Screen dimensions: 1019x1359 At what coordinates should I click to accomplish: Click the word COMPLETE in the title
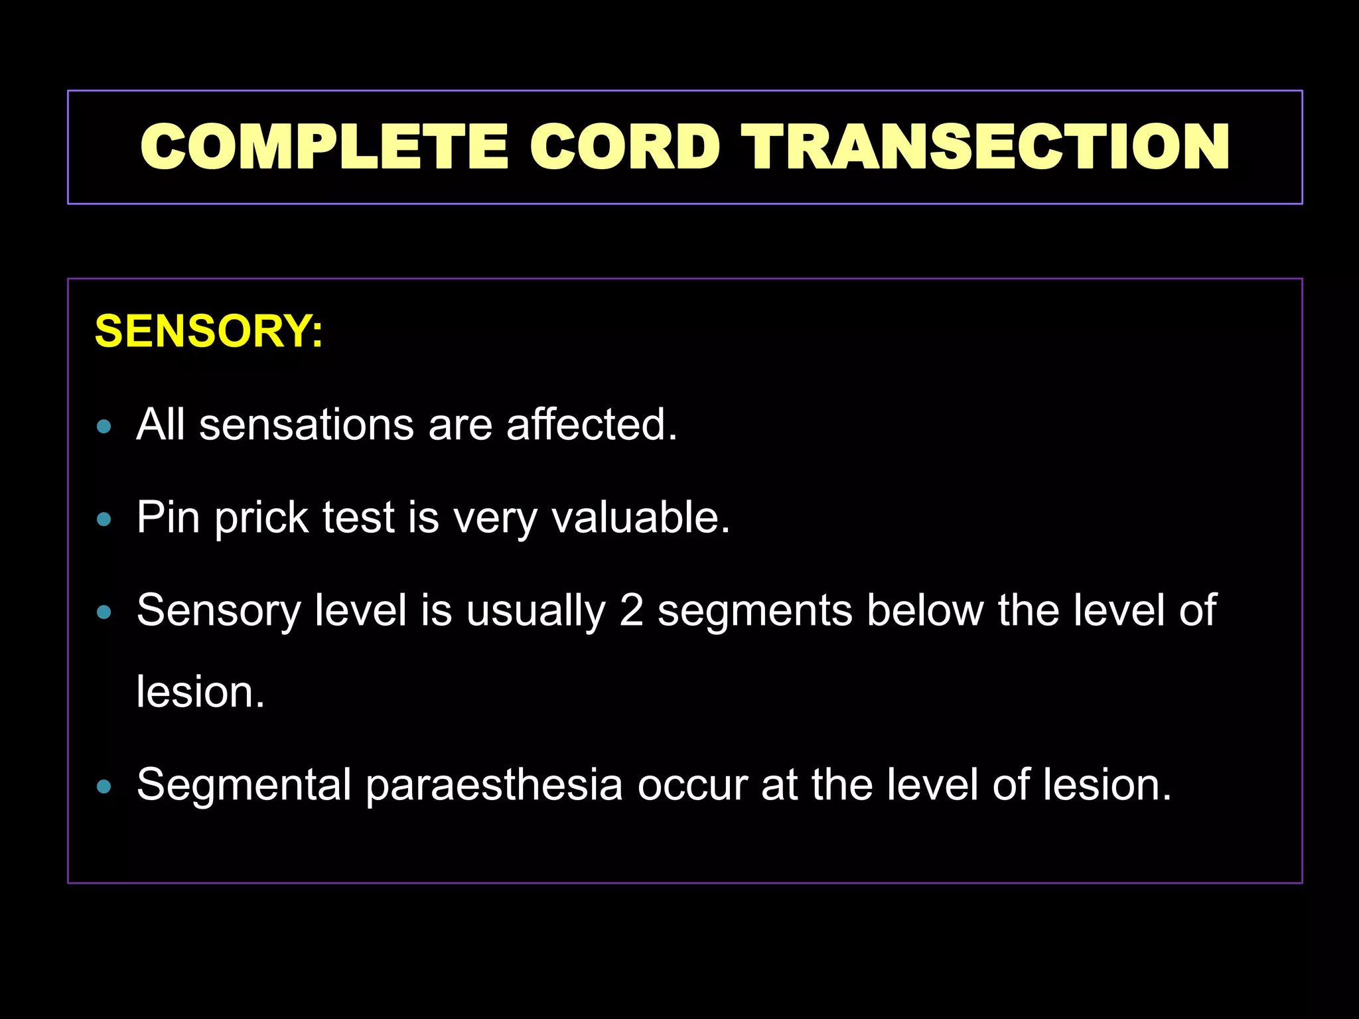coord(324,147)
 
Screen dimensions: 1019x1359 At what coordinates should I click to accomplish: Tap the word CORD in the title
coord(624,147)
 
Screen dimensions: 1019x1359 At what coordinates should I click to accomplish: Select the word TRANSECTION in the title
coord(985,147)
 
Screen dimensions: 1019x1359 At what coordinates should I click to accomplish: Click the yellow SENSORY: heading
coord(209,331)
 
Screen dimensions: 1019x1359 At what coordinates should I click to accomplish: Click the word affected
coord(592,425)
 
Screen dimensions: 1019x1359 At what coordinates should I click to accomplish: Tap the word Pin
coord(168,517)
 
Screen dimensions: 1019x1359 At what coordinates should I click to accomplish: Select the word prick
coord(261,519)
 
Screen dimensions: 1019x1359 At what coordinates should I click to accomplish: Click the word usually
coord(536,611)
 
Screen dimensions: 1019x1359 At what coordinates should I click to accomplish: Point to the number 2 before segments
coord(631,610)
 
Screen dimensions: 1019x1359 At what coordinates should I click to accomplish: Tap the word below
coord(925,610)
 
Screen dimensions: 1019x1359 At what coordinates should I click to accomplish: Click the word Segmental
coord(244,785)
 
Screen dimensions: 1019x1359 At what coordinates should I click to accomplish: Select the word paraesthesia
coord(494,785)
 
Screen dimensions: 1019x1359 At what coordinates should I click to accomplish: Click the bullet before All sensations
coord(104,427)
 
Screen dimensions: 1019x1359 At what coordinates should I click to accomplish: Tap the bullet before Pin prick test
coord(104,519)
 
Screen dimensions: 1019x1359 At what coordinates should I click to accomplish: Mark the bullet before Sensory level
coord(104,612)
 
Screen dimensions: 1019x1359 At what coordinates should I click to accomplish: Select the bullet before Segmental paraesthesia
coord(104,787)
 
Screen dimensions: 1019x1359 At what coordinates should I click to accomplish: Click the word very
coord(494,519)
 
